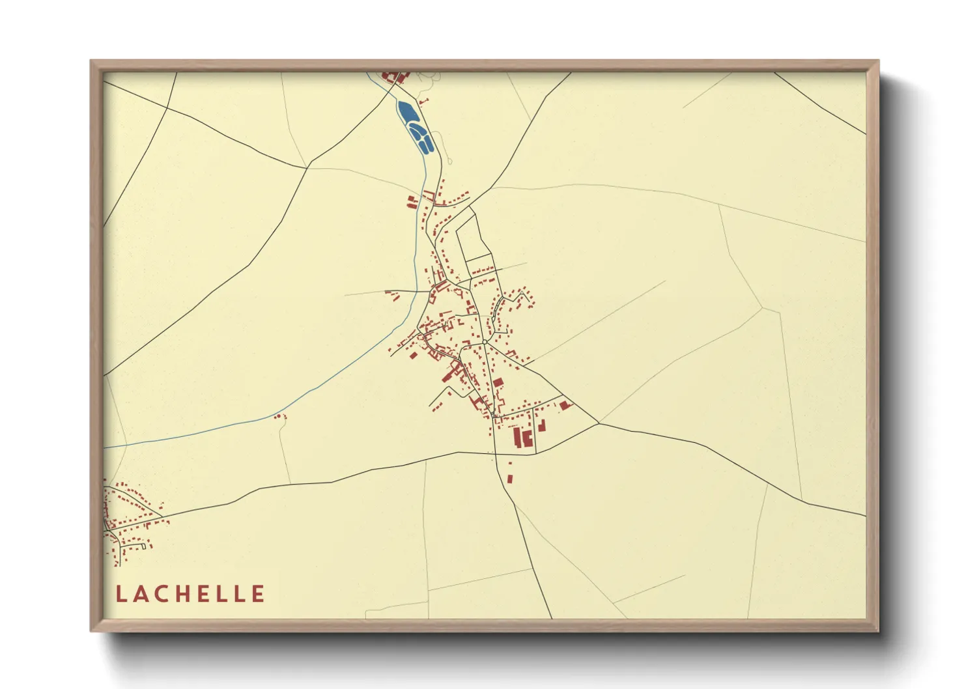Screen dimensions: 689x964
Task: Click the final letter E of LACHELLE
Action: [x=259, y=594]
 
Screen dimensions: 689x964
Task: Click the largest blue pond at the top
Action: [x=408, y=113]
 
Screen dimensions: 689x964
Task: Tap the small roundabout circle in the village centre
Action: [x=485, y=341]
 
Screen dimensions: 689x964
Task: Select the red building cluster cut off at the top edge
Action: [x=394, y=77]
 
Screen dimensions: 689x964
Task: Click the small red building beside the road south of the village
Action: [x=509, y=479]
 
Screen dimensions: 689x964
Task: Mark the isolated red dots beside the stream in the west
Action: [x=280, y=416]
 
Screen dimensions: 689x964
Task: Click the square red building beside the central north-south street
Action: [x=498, y=383]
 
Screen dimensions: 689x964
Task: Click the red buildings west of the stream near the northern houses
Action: [x=412, y=201]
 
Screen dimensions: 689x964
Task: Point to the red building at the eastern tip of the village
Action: [x=565, y=405]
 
